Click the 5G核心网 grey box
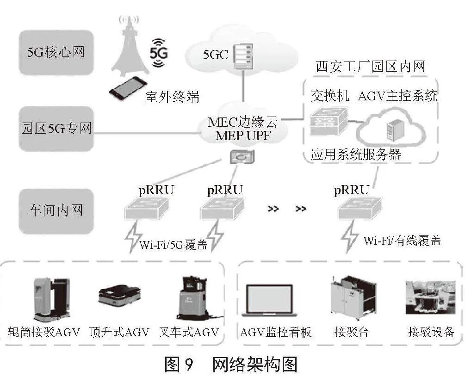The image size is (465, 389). (56, 52)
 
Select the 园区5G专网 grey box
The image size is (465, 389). (56, 129)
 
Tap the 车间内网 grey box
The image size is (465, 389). (56, 211)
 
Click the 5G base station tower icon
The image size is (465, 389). (130, 46)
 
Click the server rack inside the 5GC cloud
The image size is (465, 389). (243, 56)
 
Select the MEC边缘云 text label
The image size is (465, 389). (243, 122)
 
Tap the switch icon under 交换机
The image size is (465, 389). (329, 121)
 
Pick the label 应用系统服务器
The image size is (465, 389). (355, 154)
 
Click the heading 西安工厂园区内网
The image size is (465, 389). (371, 66)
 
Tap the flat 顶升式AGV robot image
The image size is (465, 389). (119, 294)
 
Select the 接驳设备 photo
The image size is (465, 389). (430, 297)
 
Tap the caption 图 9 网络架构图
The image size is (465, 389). (231, 364)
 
